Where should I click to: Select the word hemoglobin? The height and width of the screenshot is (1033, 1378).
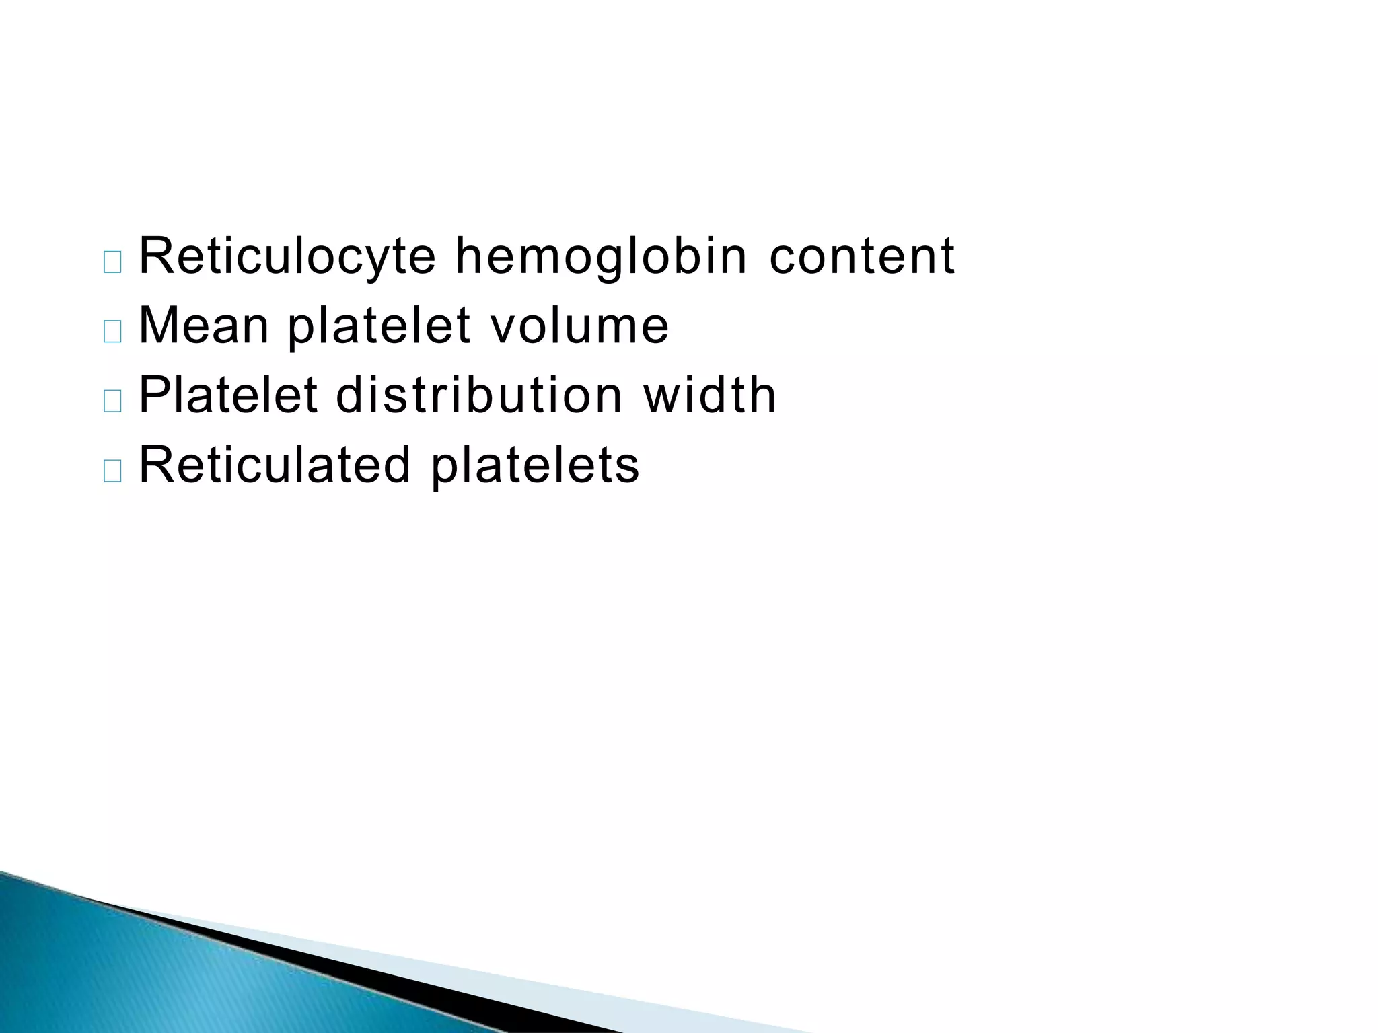point(601,257)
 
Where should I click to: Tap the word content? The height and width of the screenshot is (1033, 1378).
point(861,257)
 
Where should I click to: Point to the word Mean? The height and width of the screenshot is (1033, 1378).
point(204,326)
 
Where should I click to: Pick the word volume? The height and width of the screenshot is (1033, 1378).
point(579,326)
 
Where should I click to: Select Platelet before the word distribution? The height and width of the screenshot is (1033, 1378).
point(227,395)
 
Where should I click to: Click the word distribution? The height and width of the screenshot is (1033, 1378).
point(479,395)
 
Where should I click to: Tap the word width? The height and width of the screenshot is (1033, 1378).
point(710,395)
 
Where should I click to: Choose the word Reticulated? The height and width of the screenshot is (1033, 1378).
point(275,465)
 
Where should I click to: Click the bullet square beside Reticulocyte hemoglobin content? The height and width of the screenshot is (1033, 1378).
point(113,262)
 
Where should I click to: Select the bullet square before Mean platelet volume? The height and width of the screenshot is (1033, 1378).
point(113,332)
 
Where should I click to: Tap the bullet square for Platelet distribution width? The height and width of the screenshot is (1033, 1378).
point(113,401)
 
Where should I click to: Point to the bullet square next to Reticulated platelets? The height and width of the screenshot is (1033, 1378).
point(113,471)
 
